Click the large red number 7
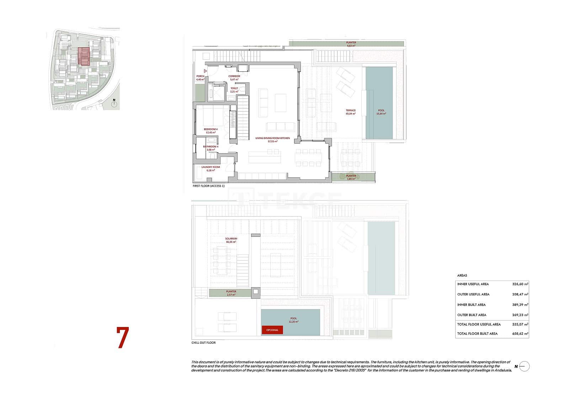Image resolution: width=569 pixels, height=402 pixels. click(123, 337)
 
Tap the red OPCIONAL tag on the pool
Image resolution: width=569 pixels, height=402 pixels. click(272, 330)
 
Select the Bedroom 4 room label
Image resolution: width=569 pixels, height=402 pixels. click(211, 131)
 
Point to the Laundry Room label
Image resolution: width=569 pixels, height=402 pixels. click(211, 168)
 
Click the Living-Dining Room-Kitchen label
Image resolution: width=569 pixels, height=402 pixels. click(272, 140)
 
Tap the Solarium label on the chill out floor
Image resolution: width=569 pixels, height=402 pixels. click(231, 240)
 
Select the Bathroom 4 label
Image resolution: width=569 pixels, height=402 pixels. click(211, 148)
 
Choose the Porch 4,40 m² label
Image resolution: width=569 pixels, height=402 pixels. click(200, 78)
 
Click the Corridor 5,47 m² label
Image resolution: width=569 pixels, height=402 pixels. click(234, 78)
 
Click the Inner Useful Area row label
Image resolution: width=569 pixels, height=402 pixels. click(473, 284)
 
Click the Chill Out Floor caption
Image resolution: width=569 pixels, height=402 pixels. click(203, 343)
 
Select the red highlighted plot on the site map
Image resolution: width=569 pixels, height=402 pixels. click(84, 57)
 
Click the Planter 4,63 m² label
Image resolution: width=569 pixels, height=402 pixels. click(351, 44)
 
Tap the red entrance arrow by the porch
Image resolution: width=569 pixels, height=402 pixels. click(205, 71)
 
